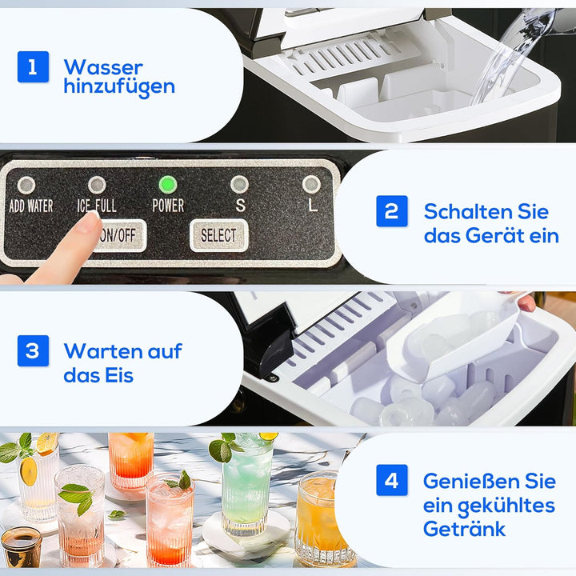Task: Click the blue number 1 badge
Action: (33, 67)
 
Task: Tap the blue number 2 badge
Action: (392, 211)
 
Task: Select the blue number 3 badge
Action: (33, 350)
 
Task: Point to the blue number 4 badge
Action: (392, 481)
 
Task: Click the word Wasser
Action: (103, 67)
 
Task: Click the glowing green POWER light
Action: (167, 185)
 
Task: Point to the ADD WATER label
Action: (30, 206)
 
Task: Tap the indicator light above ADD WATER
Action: (26, 185)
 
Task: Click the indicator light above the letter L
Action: (311, 185)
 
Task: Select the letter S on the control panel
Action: (239, 206)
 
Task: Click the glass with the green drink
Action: (246, 488)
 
